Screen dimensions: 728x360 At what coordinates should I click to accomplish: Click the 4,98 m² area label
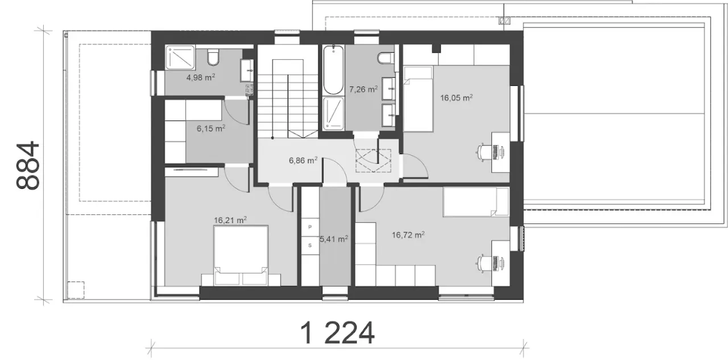[200, 78]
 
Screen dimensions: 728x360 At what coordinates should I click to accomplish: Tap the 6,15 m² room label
[211, 129]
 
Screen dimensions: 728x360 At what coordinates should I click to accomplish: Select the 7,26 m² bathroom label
[363, 89]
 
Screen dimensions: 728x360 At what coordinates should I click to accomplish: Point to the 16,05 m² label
[456, 98]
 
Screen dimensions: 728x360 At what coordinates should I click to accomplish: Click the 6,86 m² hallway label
[303, 160]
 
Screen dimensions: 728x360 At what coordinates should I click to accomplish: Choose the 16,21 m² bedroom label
[230, 220]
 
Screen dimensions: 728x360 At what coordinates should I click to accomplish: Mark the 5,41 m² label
[334, 239]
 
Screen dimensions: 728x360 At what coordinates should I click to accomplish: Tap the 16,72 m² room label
[408, 234]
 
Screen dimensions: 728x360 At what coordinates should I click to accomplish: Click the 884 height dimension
[28, 165]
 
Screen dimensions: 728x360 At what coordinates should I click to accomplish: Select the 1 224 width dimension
[337, 333]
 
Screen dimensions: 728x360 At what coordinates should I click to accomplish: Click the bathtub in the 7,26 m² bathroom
[333, 70]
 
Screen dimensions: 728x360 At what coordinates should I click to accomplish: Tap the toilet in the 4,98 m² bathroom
[213, 57]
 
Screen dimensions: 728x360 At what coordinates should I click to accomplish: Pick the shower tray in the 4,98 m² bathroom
[181, 58]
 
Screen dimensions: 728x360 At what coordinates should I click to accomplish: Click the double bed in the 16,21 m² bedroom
[241, 255]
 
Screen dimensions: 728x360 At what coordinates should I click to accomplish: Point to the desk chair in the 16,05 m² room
[482, 152]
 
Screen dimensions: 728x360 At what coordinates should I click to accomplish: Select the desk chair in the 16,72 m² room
[482, 263]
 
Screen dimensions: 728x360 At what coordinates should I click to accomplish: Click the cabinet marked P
[310, 227]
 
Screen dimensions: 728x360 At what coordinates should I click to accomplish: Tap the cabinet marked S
[310, 245]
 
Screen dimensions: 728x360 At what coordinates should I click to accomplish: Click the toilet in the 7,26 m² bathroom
[386, 58]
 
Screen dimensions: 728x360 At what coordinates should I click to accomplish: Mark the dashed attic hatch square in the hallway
[374, 160]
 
